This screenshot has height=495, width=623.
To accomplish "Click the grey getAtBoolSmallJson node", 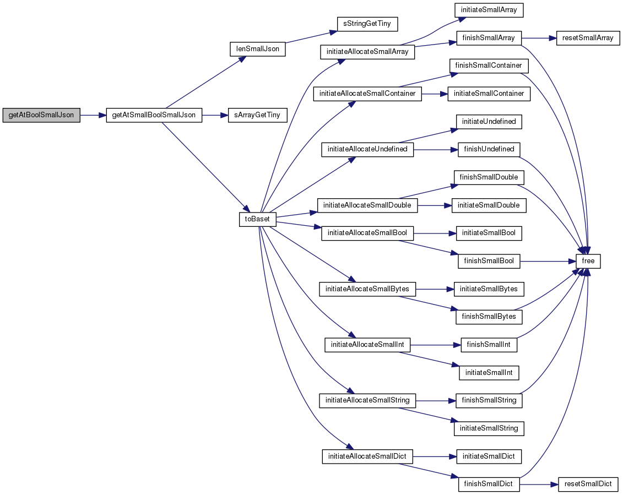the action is coord(41,115).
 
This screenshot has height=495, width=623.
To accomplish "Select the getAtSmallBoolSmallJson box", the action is coord(154,115).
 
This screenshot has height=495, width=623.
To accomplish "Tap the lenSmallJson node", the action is coord(258,49).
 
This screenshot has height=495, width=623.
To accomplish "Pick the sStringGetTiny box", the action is coord(367,24).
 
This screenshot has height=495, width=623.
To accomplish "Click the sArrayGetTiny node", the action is coord(257,115).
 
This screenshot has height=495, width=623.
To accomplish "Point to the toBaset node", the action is coord(257,219).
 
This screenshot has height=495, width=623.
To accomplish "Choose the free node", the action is coord(588,261).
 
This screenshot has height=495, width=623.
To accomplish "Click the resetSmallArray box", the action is coord(588,38).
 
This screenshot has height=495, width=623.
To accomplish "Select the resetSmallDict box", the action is coord(588,484).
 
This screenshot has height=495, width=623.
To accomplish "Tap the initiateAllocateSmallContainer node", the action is coord(367,94).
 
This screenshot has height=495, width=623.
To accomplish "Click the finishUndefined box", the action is coord(489,149).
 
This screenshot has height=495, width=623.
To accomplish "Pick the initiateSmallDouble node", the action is coord(489,205).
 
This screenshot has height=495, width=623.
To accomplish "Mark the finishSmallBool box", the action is coord(489,261).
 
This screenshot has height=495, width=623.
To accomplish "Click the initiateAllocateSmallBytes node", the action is coord(367,289).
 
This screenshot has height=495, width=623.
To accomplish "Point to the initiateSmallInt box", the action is coord(489,373).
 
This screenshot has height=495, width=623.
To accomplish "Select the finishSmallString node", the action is coord(489,400).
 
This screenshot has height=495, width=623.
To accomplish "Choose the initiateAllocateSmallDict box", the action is coord(367,456).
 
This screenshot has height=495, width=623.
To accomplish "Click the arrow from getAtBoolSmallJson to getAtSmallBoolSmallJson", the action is coord(93,115).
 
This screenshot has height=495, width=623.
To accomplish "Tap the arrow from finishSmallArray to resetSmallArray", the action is coord(539,38).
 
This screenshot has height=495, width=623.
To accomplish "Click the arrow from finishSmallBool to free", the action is coord(548,261).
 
